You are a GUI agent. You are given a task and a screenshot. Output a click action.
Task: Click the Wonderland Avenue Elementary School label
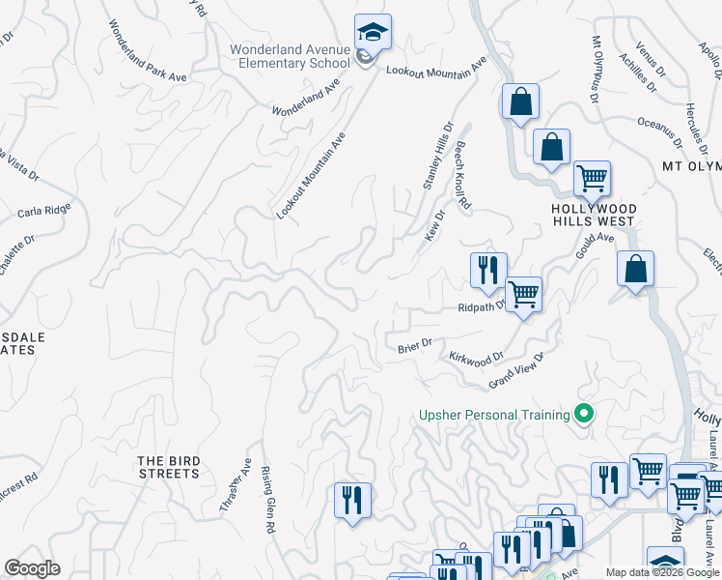[x=290, y=56]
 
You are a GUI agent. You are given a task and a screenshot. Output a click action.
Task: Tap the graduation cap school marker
[x=373, y=32]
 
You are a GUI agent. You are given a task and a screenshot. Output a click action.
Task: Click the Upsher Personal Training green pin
[x=583, y=415]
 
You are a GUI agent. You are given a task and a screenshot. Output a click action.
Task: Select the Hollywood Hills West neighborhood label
[x=595, y=215]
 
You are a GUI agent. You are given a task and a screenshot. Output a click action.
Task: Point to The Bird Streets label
[x=168, y=467]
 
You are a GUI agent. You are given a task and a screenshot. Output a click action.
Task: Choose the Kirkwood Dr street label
[x=477, y=357]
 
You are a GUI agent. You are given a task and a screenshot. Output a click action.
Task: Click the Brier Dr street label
[x=414, y=343]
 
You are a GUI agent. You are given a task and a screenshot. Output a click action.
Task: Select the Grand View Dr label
[x=516, y=370]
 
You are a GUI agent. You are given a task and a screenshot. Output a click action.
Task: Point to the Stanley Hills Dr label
[x=438, y=155]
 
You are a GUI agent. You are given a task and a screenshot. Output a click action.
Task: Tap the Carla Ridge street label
[x=44, y=210]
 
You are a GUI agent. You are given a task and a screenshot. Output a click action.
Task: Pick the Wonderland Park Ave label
[x=147, y=50]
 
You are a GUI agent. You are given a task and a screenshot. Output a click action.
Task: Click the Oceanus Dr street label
[x=659, y=133]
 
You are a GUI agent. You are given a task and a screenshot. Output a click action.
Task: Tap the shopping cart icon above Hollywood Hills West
[x=592, y=178]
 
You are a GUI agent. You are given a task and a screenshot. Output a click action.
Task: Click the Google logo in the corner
[x=32, y=568]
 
